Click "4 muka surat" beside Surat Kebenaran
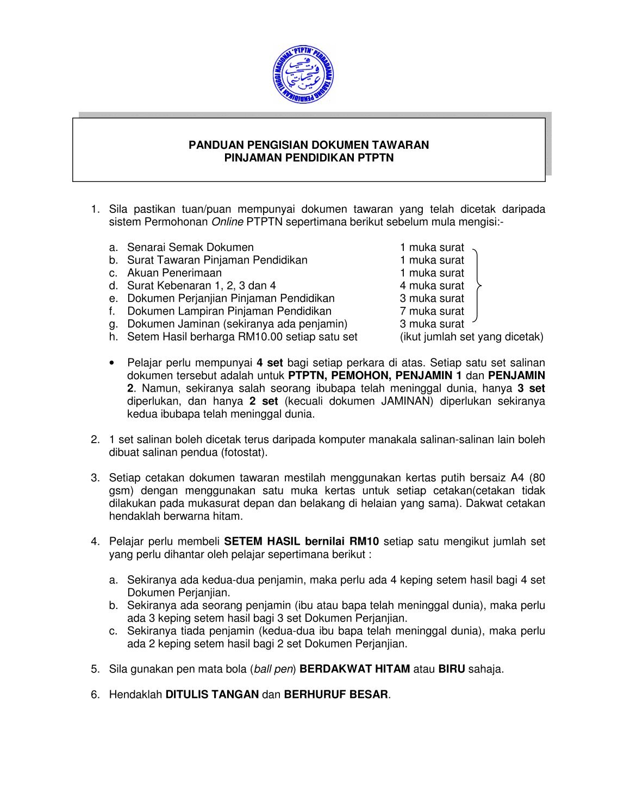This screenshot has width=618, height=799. [432, 286]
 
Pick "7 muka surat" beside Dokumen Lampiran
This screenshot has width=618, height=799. [432, 311]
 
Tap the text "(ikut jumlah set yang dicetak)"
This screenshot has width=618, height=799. [472, 337]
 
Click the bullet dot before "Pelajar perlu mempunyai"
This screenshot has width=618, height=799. [113, 362]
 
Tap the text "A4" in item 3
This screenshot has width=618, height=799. [517, 478]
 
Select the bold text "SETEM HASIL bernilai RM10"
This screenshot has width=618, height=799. [302, 542]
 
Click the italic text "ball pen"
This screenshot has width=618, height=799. [273, 669]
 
